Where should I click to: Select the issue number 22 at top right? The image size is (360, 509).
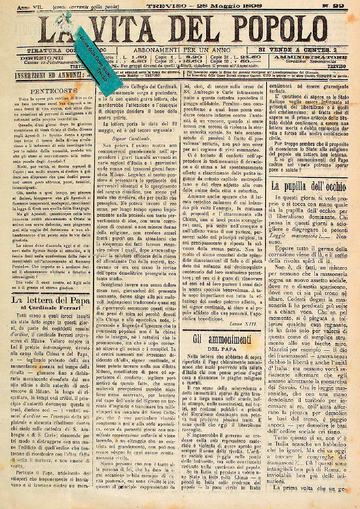coord(338,6)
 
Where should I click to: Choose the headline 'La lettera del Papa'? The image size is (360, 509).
coord(51,300)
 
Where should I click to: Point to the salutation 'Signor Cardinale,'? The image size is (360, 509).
coord(127,138)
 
